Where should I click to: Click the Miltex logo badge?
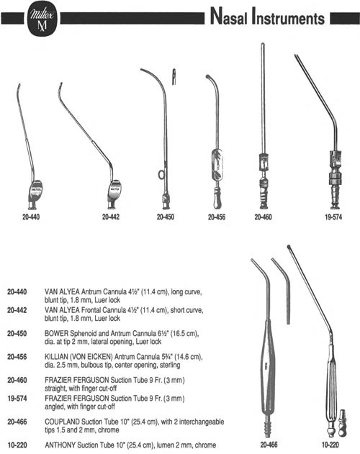pos(42,19)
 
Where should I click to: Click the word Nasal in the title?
pos(229,17)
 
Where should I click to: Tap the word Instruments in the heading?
pos(288,17)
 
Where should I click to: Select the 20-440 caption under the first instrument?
pos(31,217)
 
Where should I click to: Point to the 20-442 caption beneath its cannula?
pos(111,217)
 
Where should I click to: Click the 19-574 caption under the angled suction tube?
pos(333,217)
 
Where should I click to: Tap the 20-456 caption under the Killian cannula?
pos(217,217)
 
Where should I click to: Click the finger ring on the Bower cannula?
pos(161,175)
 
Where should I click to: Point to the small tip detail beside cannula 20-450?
pos(174,77)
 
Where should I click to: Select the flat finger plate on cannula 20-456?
pos(217,165)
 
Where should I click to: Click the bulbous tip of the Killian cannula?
pos(208,77)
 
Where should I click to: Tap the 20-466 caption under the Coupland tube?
pos(269,445)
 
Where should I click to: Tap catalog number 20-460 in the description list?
pos(17,380)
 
